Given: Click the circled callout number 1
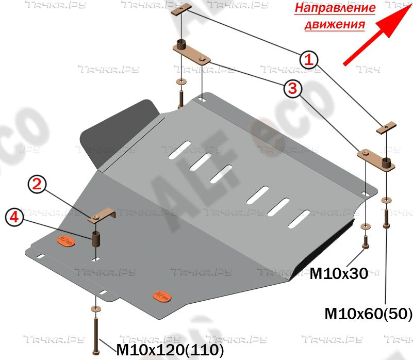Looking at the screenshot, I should tap(309, 59).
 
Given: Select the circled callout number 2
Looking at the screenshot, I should tap(37, 185).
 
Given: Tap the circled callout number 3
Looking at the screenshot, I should tap(292, 88).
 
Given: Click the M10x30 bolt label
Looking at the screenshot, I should tap(338, 274).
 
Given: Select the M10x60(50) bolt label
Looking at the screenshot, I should tap(368, 313).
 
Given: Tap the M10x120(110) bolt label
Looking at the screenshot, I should tap(170, 351).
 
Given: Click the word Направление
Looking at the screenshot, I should tap(335, 8).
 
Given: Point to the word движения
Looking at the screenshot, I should tap(335, 24).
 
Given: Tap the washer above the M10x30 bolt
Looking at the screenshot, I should tap(366, 226).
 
